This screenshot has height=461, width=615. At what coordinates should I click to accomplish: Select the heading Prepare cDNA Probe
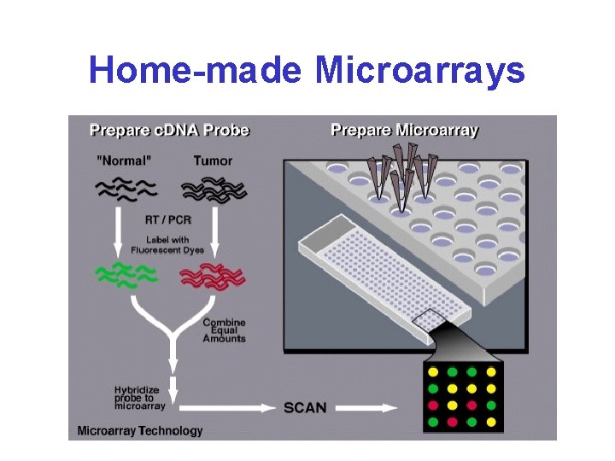click(x=170, y=131)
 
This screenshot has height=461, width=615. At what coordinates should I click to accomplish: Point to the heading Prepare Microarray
click(x=404, y=131)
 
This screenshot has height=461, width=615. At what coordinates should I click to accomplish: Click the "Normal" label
click(x=127, y=160)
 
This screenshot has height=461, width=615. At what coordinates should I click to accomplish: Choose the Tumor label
click(x=213, y=160)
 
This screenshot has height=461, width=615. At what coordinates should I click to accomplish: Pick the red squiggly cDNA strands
click(x=212, y=276)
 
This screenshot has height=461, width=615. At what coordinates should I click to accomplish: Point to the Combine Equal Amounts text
click(x=224, y=330)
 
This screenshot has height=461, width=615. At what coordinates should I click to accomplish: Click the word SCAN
click(x=305, y=407)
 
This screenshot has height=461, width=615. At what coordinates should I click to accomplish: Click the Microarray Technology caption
click(x=140, y=431)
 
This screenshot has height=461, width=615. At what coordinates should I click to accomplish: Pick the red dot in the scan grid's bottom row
click(x=452, y=422)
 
